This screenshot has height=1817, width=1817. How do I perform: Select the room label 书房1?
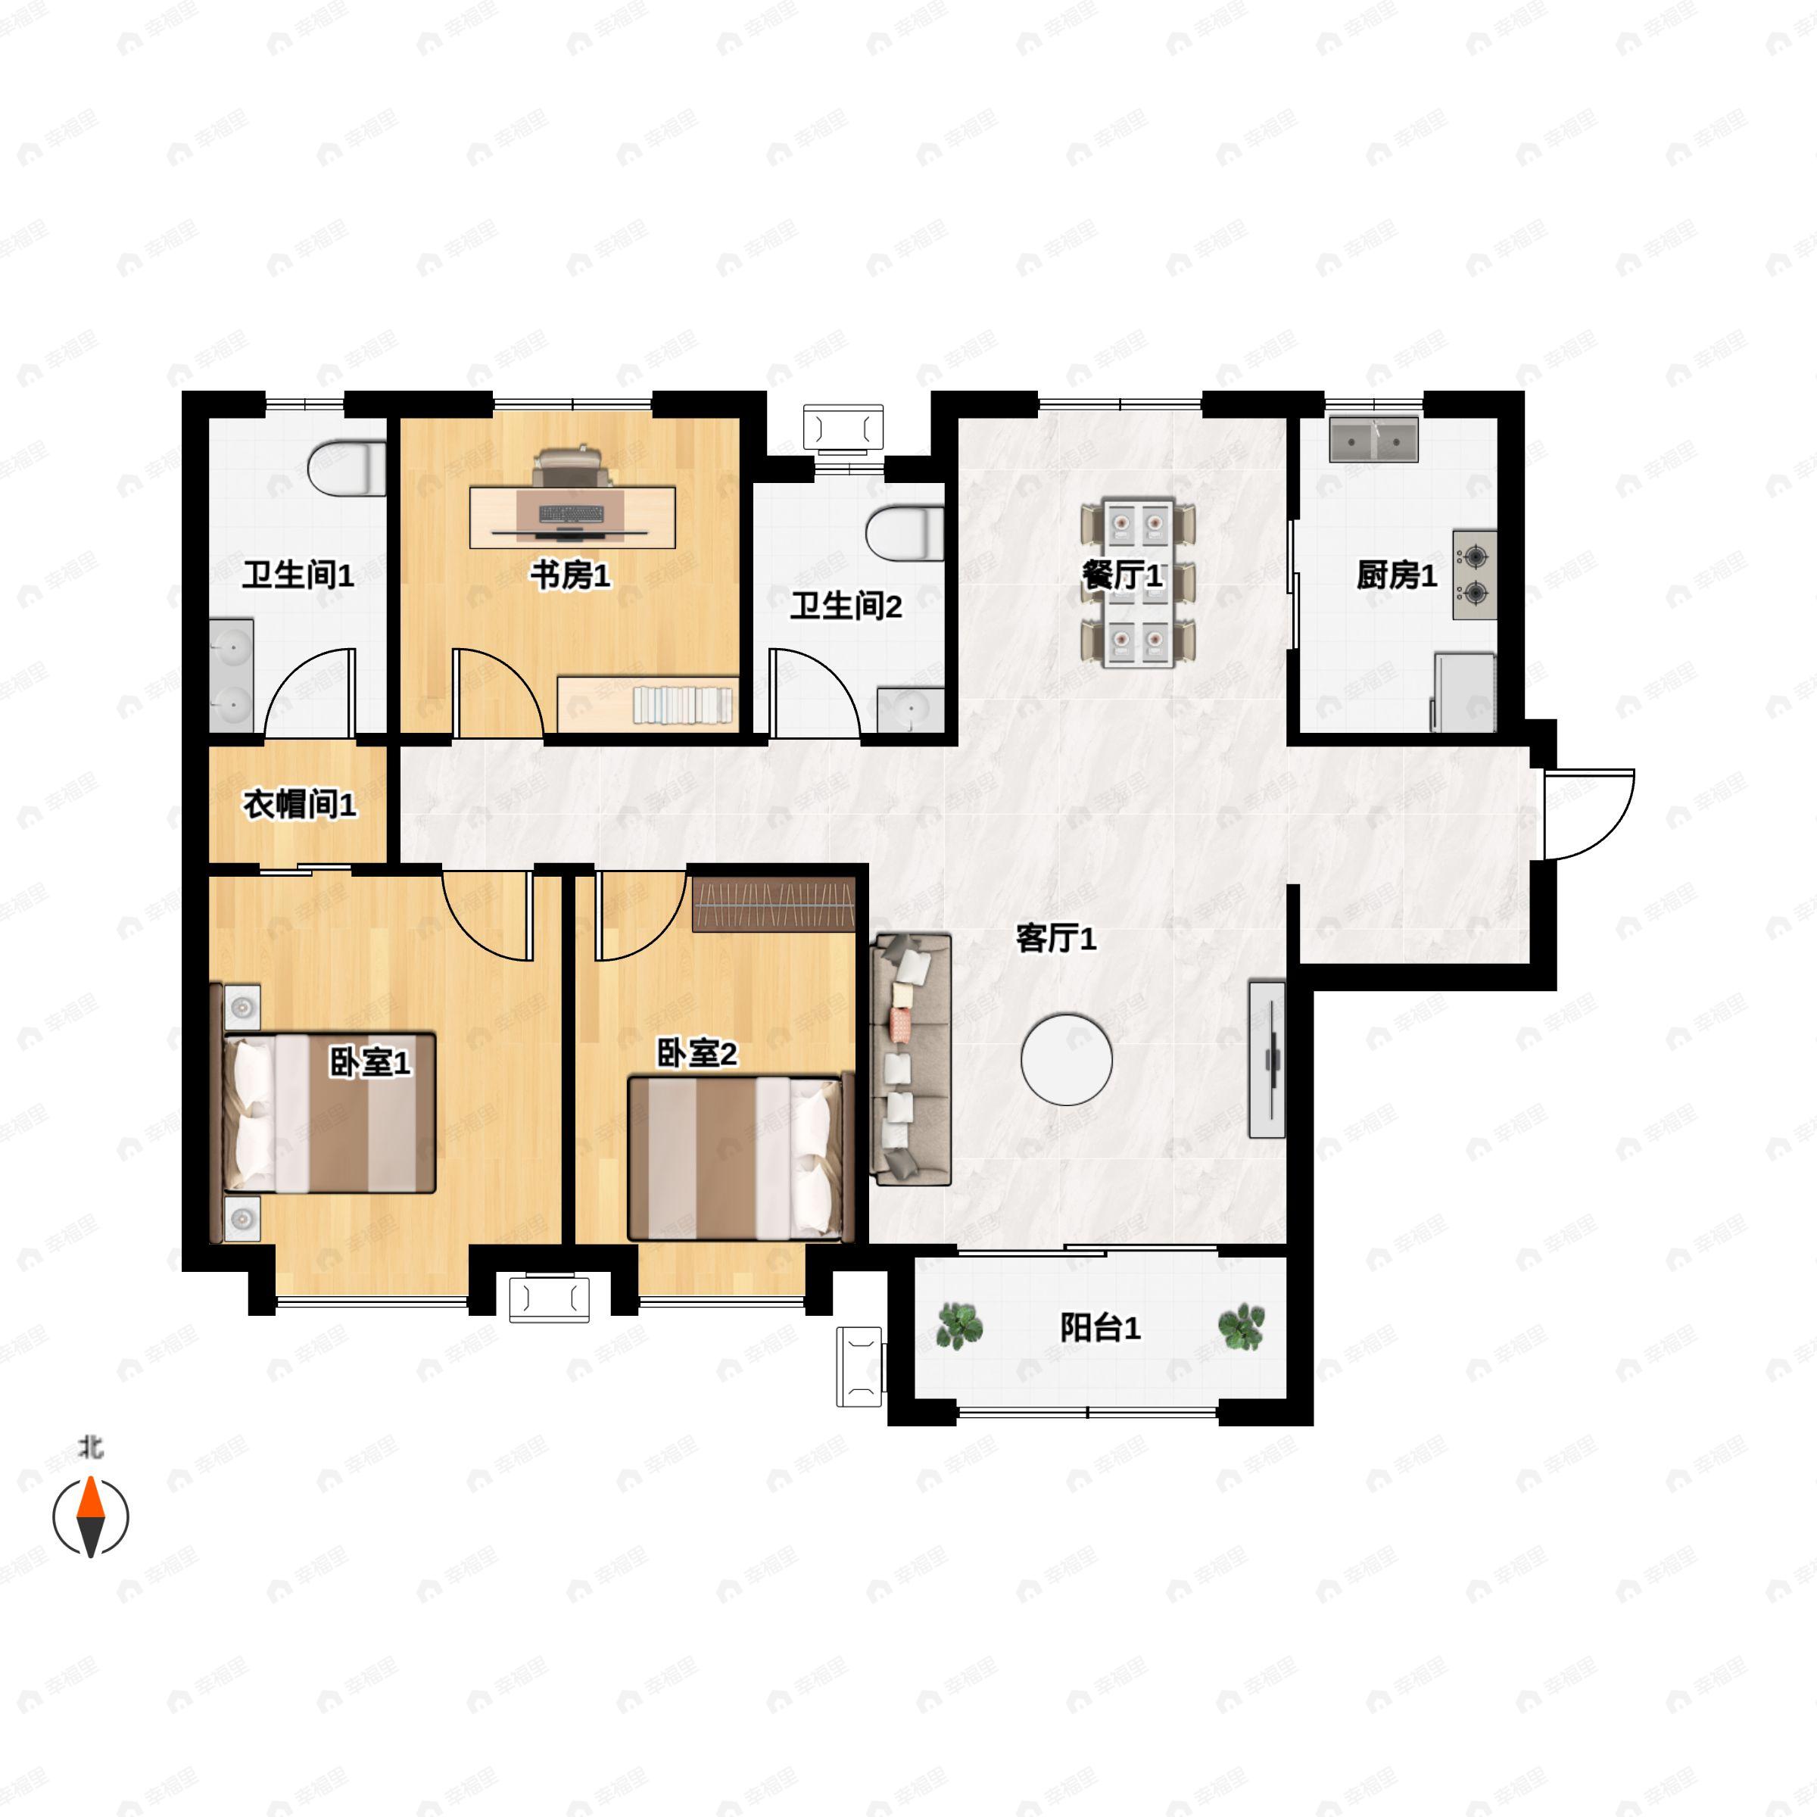click(570, 575)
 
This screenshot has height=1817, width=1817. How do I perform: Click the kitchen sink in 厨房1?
click(1373, 439)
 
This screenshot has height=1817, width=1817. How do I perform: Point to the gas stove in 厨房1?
click(1474, 575)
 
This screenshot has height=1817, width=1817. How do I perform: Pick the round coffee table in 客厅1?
click(1067, 1059)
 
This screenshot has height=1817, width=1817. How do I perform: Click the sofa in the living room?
click(910, 1059)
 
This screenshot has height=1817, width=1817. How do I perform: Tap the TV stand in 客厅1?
click(1266, 1059)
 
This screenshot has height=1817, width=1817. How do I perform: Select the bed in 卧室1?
click(329, 1113)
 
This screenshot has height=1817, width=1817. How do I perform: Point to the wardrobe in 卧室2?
click(773, 905)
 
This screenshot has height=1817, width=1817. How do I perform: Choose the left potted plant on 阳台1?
click(960, 1326)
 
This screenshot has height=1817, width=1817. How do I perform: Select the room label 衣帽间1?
click(299, 805)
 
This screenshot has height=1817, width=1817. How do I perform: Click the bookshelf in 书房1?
click(649, 703)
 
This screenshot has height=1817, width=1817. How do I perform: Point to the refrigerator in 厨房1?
click(1463, 692)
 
